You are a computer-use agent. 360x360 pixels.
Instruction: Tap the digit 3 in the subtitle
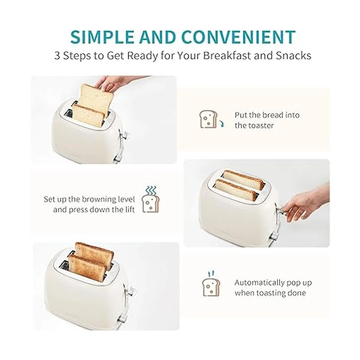click(57, 56)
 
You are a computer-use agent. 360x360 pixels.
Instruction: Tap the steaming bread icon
click(150, 199)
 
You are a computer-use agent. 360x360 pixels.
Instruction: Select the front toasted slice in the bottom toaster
click(87, 268)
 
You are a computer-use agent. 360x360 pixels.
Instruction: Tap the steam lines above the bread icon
click(151, 191)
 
